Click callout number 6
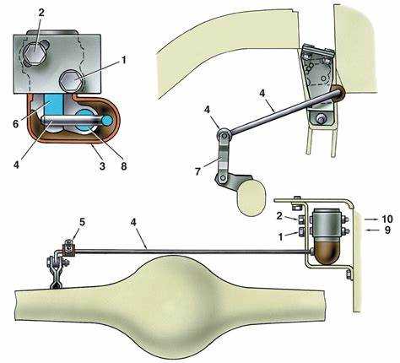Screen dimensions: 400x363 (16, 124)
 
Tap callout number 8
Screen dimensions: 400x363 (124, 165)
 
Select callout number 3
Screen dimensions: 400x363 (102, 165)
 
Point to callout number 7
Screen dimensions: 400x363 (198, 171)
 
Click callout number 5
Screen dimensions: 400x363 (82, 222)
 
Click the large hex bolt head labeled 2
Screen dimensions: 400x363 (34, 53)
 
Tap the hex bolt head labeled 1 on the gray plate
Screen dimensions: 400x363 (72, 80)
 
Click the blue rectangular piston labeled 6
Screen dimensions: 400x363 (53, 106)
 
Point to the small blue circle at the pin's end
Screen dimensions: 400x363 (107, 120)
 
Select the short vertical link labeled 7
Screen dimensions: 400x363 (223, 155)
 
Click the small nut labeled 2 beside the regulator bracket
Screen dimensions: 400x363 (300, 219)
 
